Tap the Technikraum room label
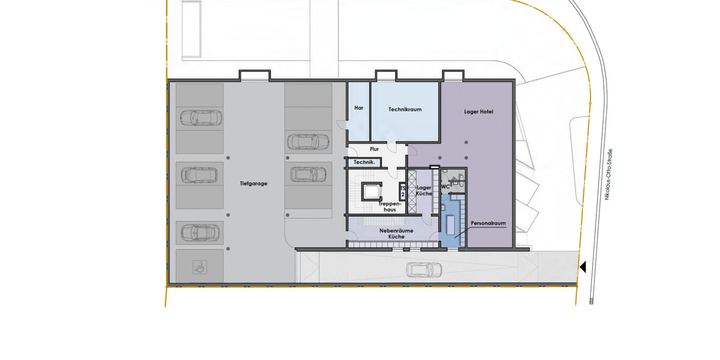click(x=405, y=110)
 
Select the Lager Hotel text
click(x=478, y=112)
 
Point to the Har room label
click(x=359, y=108)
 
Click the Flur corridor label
click(x=374, y=149)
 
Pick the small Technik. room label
click(x=364, y=163)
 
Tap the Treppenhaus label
click(x=390, y=206)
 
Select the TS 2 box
click(x=403, y=191)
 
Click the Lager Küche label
click(x=424, y=191)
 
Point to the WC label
click(x=445, y=187)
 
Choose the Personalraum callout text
click(x=488, y=223)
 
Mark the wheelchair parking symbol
click(x=200, y=267)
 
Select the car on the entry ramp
click(x=424, y=270)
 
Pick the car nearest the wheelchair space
click(x=199, y=232)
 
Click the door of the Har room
click(x=342, y=124)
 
